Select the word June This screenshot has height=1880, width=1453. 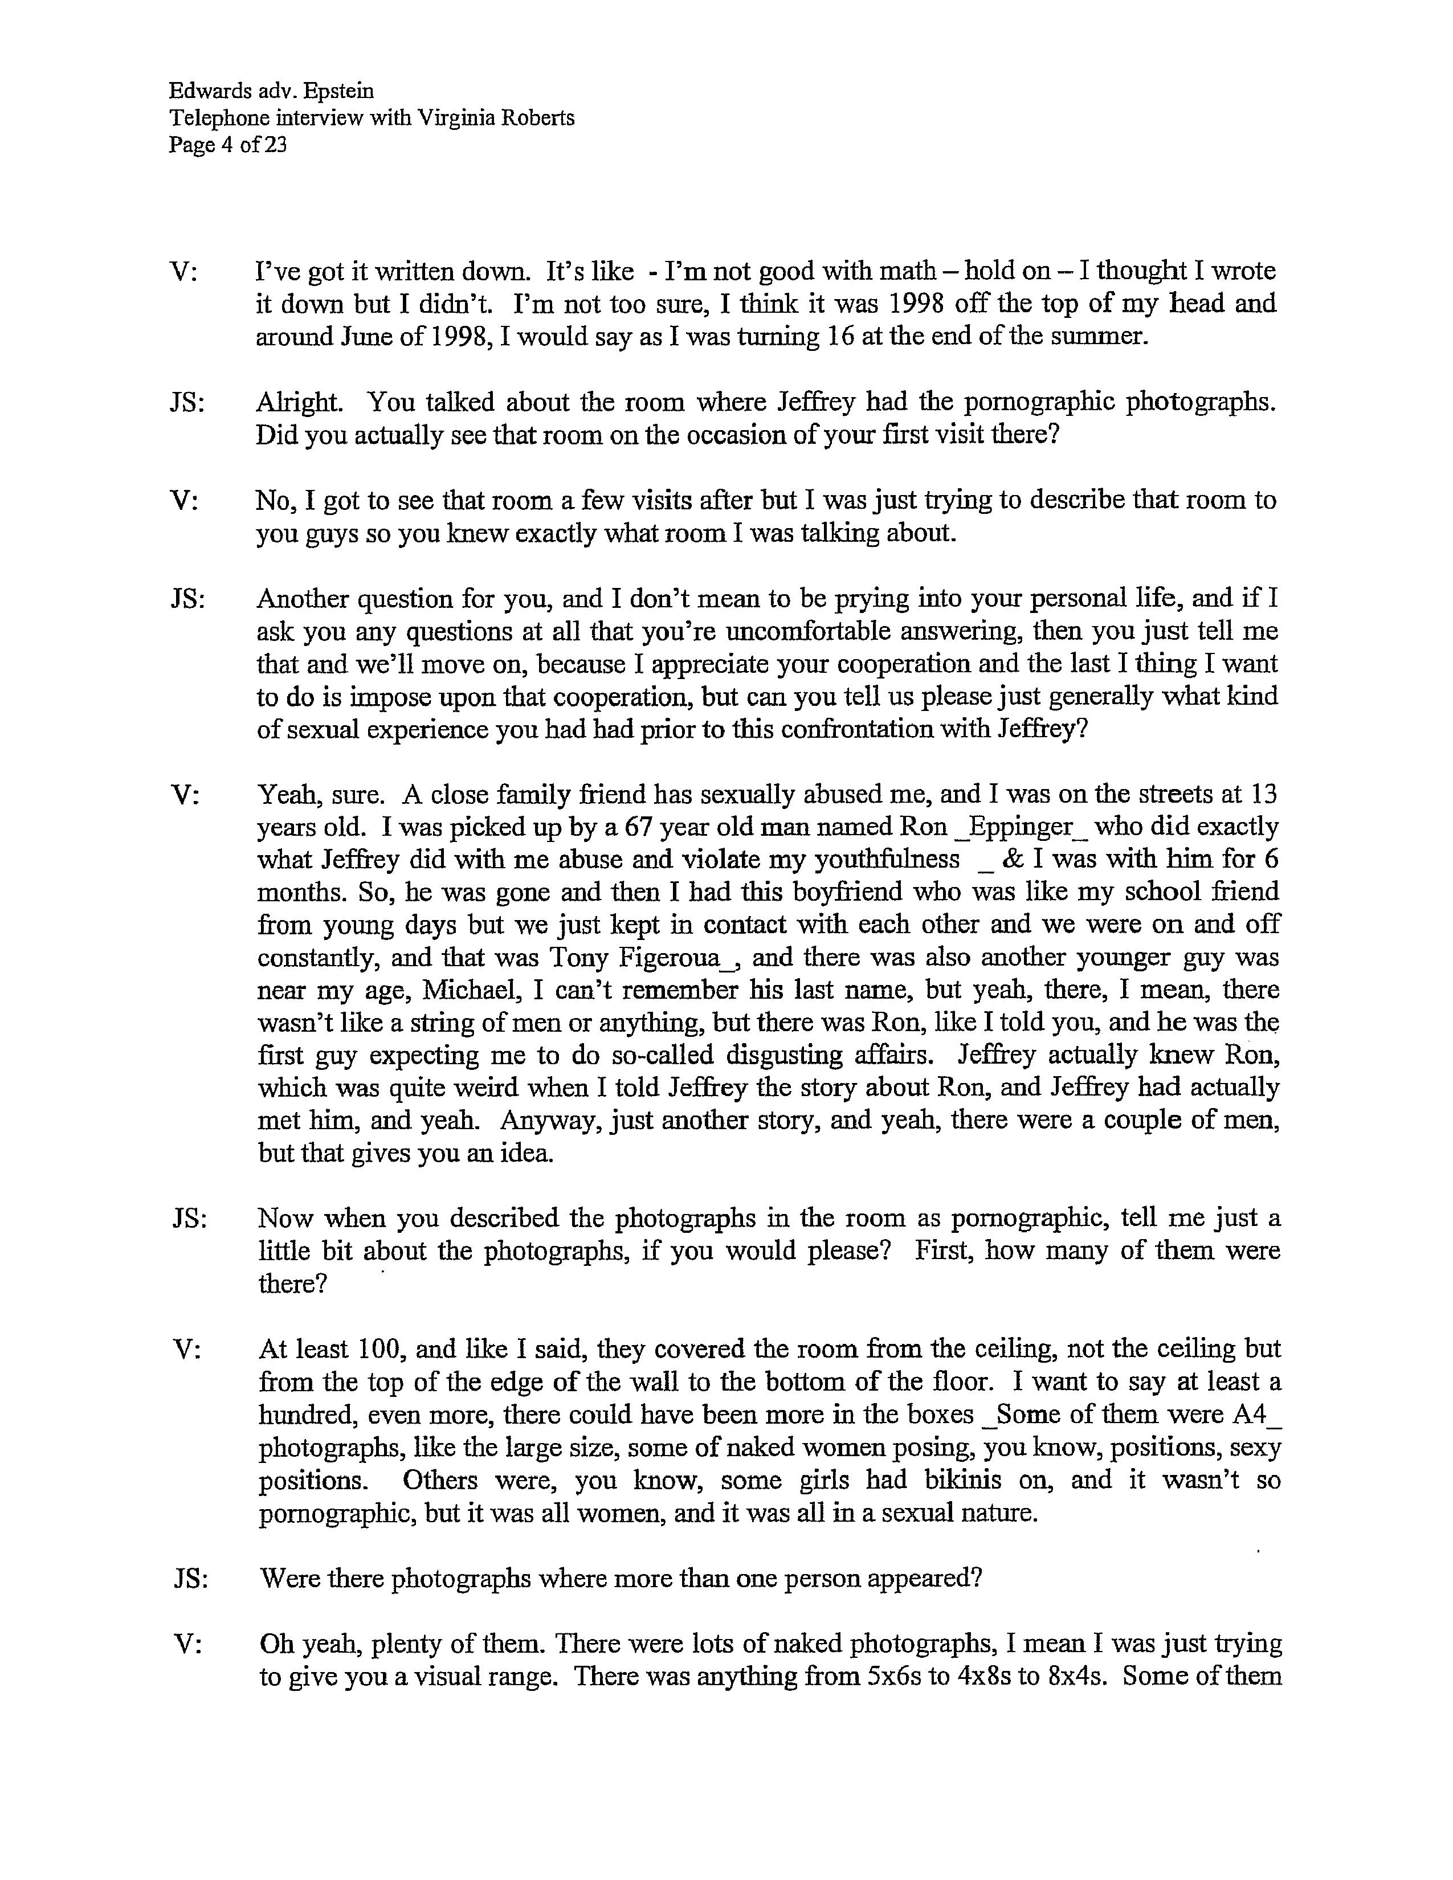(349, 336)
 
